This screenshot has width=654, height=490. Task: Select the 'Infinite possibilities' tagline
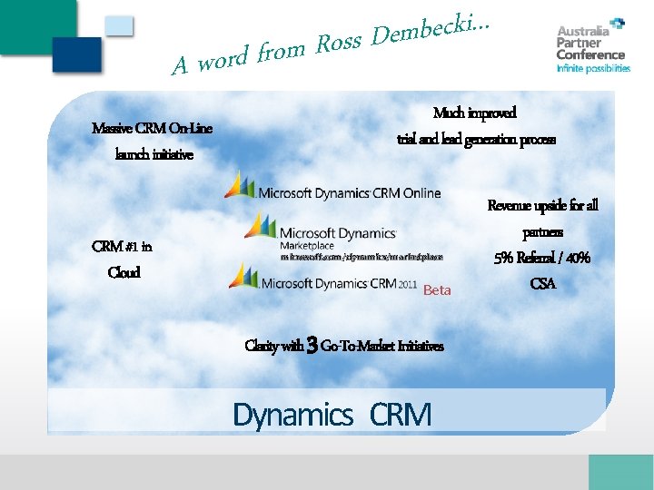593,68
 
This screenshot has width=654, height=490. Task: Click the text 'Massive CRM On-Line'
153,128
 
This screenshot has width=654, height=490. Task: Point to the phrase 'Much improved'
475,113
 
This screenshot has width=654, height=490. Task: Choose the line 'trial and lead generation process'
476,140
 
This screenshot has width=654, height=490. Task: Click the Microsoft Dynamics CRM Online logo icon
240,184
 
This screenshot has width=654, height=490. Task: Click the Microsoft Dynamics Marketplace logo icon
260,227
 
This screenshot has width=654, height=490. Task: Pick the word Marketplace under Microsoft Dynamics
307,246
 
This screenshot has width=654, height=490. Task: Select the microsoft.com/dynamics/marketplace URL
362,258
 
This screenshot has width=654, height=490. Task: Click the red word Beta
437,290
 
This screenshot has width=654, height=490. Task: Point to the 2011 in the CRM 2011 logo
408,284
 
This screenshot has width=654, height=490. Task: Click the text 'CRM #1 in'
123,246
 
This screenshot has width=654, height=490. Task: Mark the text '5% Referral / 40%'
542,258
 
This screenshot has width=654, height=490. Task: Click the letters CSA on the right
542,284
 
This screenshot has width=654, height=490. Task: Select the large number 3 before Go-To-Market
312,345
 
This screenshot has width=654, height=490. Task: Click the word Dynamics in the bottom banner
292,415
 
